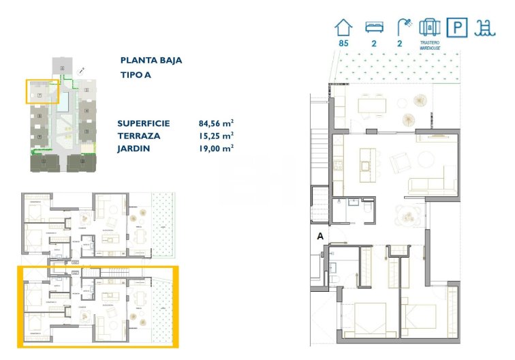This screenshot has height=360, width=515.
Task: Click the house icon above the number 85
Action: coord(344,27)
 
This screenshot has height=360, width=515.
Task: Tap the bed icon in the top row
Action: coord(373,28)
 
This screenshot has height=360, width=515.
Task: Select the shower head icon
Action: coord(405,27)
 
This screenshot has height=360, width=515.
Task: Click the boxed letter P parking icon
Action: coord(456,28)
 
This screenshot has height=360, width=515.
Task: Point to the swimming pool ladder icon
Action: coord(486,28)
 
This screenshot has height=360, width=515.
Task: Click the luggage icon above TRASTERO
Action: coord(429,27)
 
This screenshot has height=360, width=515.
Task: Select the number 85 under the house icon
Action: coord(343,44)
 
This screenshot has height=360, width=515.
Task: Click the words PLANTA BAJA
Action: coord(151,60)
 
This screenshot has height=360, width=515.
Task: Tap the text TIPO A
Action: coord(135,75)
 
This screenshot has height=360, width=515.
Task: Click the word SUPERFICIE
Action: coord(144,123)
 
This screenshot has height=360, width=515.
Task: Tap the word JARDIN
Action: coord(134,147)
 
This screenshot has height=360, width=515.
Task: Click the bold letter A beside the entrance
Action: coord(319,237)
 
